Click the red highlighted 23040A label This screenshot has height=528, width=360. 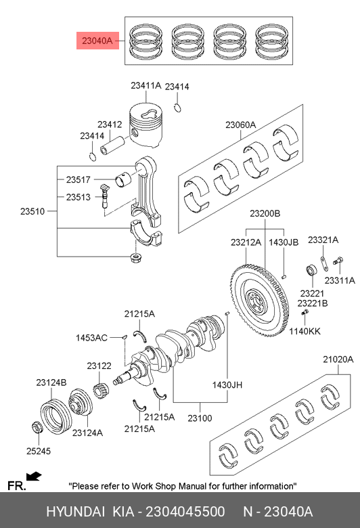coord(97,41)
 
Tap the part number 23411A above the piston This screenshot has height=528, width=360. coord(146,86)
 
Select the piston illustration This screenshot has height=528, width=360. coord(145,125)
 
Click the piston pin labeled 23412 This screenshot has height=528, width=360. coord(112,145)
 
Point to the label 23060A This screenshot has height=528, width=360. coord(241,125)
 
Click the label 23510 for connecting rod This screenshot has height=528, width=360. coord(32,211)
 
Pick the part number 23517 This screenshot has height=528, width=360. coord(78,180)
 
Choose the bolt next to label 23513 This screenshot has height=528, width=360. coord(105,196)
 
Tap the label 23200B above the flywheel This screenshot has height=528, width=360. coord(265,213)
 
